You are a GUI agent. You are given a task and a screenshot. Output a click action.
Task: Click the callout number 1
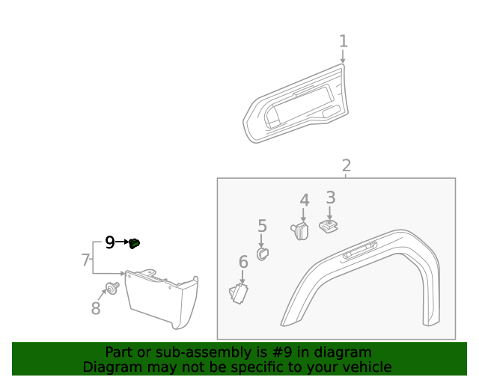click(344, 41)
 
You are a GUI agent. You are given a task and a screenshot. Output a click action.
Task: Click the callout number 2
click(346, 166)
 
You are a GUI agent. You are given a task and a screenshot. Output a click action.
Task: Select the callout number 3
click(330, 198)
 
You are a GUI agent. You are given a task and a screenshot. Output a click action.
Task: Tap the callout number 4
click(304, 200)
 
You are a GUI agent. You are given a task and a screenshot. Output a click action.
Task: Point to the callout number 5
click(262, 226)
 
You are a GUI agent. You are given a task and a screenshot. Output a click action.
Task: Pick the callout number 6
click(243, 262)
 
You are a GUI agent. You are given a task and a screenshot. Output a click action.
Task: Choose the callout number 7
click(85, 260)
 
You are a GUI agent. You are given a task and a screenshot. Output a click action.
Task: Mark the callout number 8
click(96, 308)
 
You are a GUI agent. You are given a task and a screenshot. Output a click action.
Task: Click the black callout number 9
click(109, 242)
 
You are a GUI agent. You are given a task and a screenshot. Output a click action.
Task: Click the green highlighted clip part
click(135, 242)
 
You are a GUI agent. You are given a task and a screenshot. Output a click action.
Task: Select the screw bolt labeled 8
click(112, 289)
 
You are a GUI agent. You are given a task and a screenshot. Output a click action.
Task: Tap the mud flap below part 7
click(162, 299)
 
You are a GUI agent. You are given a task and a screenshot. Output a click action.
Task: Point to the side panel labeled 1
click(296, 105)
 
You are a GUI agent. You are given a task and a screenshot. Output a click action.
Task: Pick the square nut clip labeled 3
click(328, 225)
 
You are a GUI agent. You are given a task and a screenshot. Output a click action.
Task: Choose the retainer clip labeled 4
click(300, 230)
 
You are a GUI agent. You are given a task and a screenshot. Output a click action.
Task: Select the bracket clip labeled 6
click(239, 293)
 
